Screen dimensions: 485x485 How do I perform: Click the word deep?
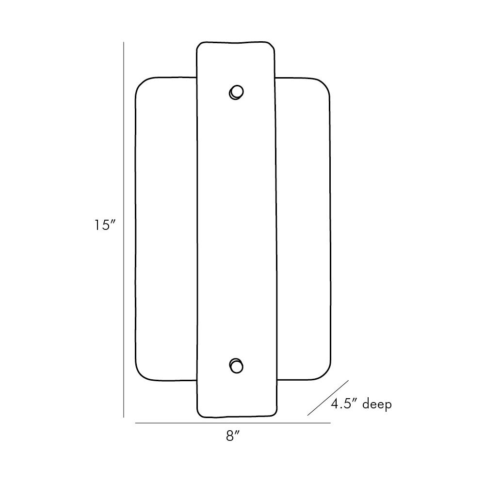click(377, 404)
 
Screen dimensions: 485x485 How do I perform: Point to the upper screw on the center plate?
click(236, 92)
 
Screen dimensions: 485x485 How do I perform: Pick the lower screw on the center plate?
click(236, 366)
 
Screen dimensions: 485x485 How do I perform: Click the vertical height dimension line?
click(124, 229)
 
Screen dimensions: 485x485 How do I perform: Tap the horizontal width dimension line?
click(233, 423)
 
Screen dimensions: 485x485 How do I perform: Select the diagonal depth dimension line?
click(328, 398)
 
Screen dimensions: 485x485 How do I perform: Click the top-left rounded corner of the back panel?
click(140, 82)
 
